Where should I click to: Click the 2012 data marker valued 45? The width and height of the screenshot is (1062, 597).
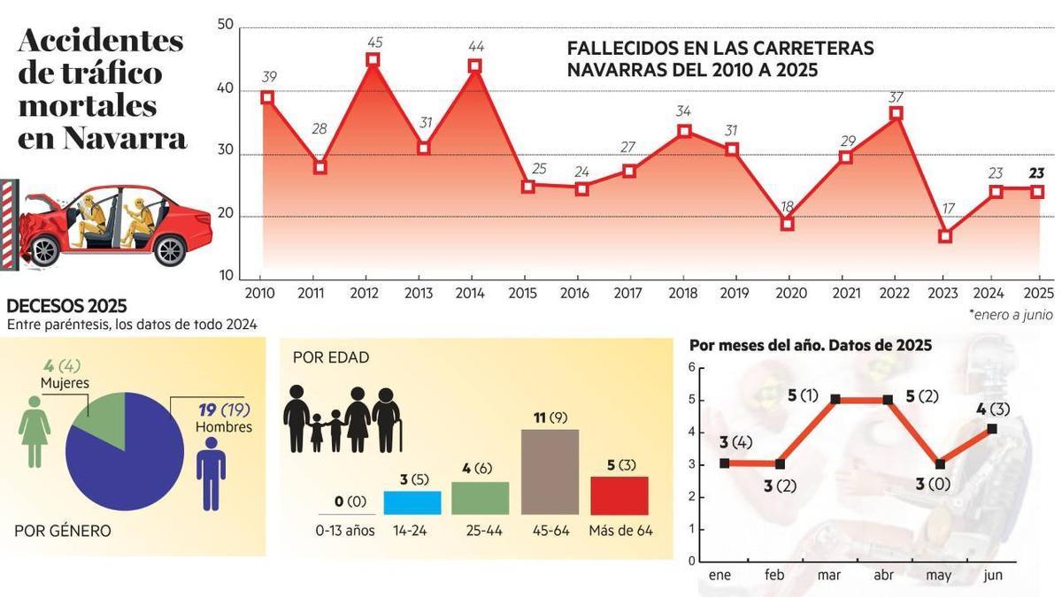point(373,60)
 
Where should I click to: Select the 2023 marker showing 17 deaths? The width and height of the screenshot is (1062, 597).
point(945,236)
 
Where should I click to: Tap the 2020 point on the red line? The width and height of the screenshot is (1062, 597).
point(787,224)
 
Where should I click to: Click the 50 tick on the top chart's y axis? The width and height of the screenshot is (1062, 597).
point(225,24)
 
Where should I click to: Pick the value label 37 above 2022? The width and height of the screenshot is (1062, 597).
point(896,97)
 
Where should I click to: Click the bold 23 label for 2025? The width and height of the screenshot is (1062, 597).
point(1036,173)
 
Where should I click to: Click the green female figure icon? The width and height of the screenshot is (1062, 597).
point(35,431)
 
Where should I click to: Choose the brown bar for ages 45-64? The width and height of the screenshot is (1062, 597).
point(550,471)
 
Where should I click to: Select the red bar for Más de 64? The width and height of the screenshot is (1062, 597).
point(619,495)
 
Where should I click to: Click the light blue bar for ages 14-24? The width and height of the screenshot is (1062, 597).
point(412,502)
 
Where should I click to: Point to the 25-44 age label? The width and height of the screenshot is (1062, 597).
point(481,531)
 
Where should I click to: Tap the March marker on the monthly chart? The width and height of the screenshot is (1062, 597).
point(835,400)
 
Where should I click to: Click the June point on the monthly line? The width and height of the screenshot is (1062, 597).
point(992,429)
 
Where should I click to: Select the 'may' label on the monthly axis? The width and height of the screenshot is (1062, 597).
point(938,575)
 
